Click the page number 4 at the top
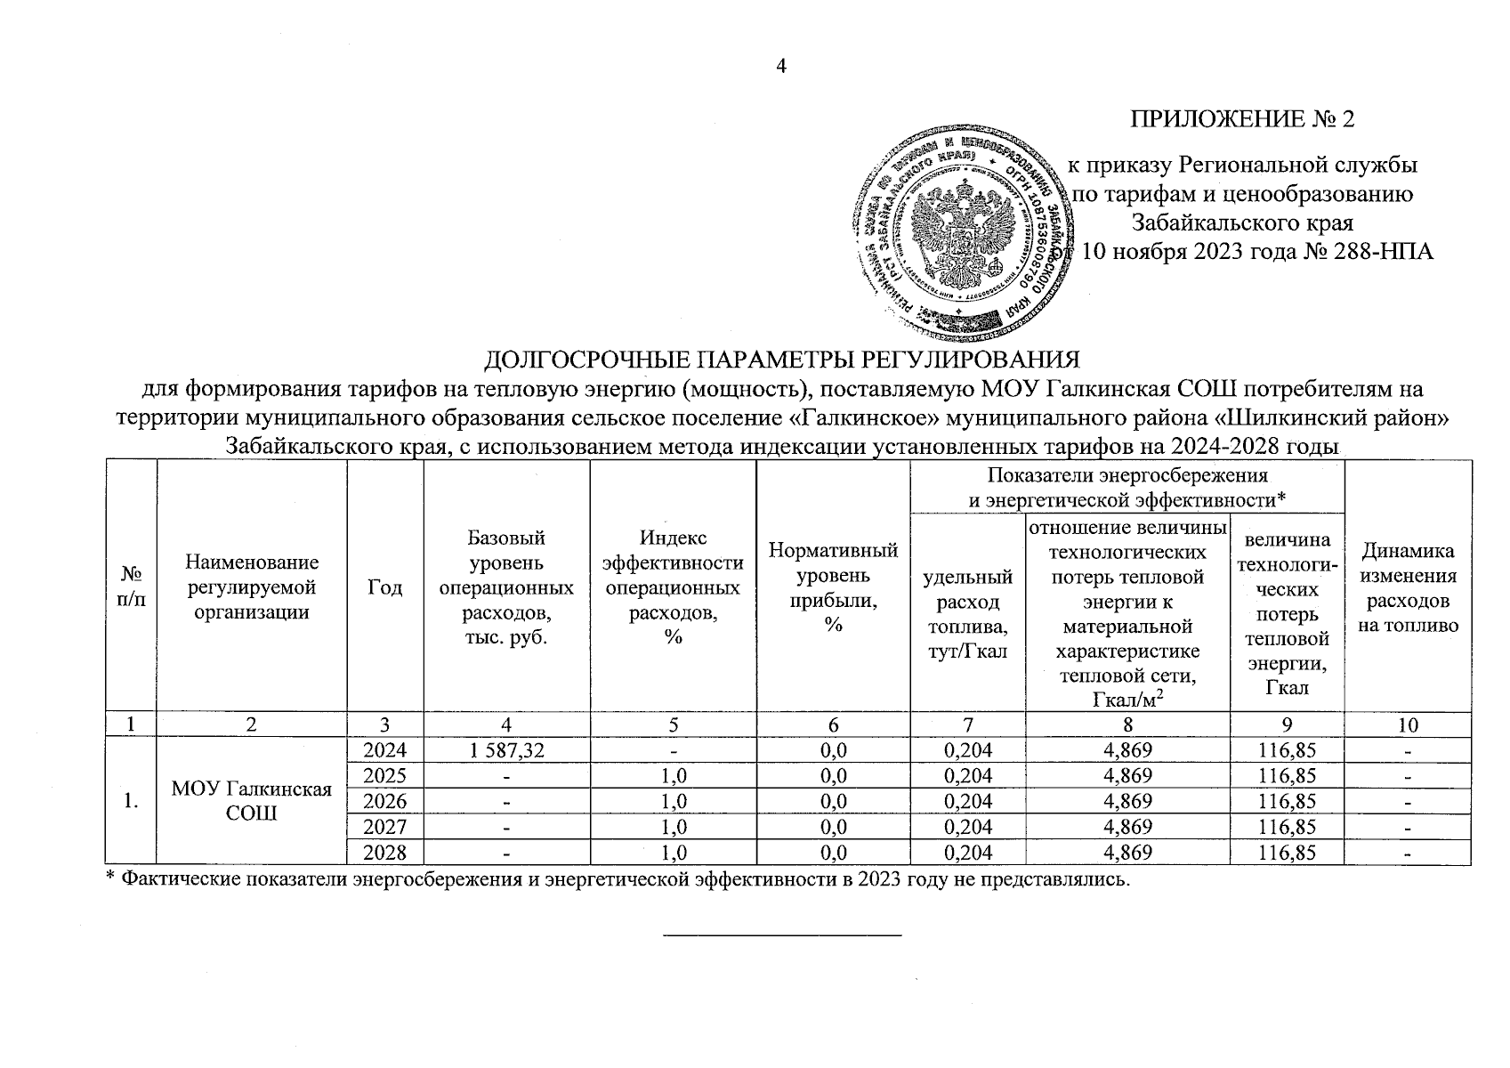[x=781, y=67]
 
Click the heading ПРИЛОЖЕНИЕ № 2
[x=1242, y=119]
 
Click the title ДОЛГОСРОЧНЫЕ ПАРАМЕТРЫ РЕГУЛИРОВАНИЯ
[x=781, y=360]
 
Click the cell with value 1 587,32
[x=505, y=750]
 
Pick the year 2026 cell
[x=384, y=801]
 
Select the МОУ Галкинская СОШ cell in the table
[x=251, y=801]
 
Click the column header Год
[x=384, y=587]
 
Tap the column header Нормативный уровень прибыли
[x=833, y=587]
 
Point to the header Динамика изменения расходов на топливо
[x=1408, y=587]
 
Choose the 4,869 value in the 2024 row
[x=1126, y=750]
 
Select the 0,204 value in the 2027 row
[x=966, y=827]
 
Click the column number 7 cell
[x=966, y=724]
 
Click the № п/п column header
[x=131, y=587]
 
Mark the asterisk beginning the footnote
[x=110, y=878]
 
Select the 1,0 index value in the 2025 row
[x=673, y=776]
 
